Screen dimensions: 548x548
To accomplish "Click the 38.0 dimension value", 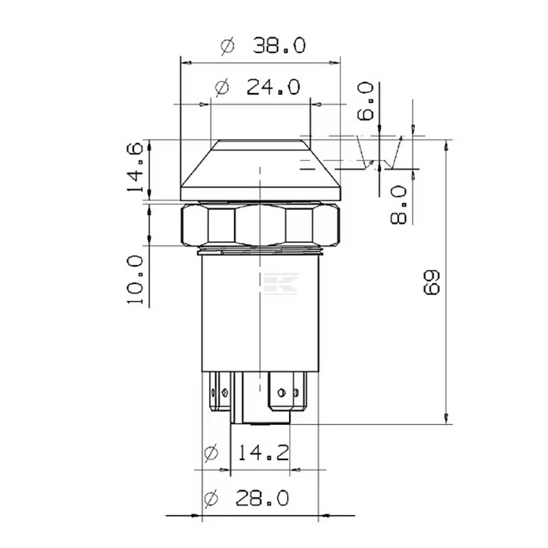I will pos(279,46).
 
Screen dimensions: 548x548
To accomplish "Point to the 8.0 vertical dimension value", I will pos(398,205).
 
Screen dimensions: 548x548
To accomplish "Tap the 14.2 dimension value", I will pos(264,452).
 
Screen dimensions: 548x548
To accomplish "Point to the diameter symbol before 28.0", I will pos(210,498).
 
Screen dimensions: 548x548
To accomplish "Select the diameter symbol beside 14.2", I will pos(210,452).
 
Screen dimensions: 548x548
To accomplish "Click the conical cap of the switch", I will pos(261,168).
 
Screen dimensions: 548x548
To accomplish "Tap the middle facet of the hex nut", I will pos(261,226).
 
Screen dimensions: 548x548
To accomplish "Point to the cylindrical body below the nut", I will pos(261,313).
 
